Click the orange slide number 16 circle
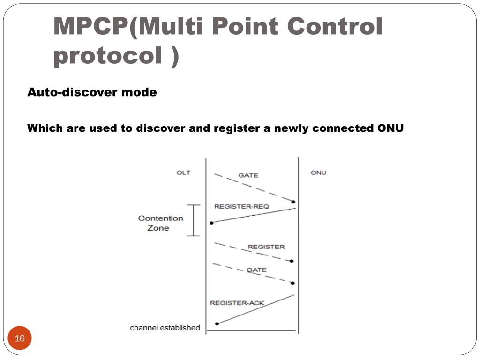pyautogui.click(x=20, y=338)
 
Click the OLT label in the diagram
pyautogui.click(x=183, y=172)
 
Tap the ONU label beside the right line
pyautogui.click(x=318, y=172)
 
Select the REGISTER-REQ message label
pyautogui.click(x=242, y=206)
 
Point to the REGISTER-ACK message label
pyautogui.click(x=237, y=303)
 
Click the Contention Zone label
pyautogui.click(x=160, y=223)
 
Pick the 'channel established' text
pyautogui.click(x=165, y=328)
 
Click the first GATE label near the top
pyautogui.click(x=248, y=175)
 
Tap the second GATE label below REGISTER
pyautogui.click(x=256, y=270)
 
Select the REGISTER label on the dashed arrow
pyautogui.click(x=266, y=247)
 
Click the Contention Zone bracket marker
pyautogui.click(x=194, y=220)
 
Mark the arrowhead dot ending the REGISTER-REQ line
pyautogui.click(x=212, y=223)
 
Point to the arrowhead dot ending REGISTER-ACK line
pyautogui.click(x=217, y=323)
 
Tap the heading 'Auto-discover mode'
pyautogui.click(x=92, y=92)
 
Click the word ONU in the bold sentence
pyautogui.click(x=390, y=128)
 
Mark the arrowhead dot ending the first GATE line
pyautogui.click(x=293, y=202)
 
